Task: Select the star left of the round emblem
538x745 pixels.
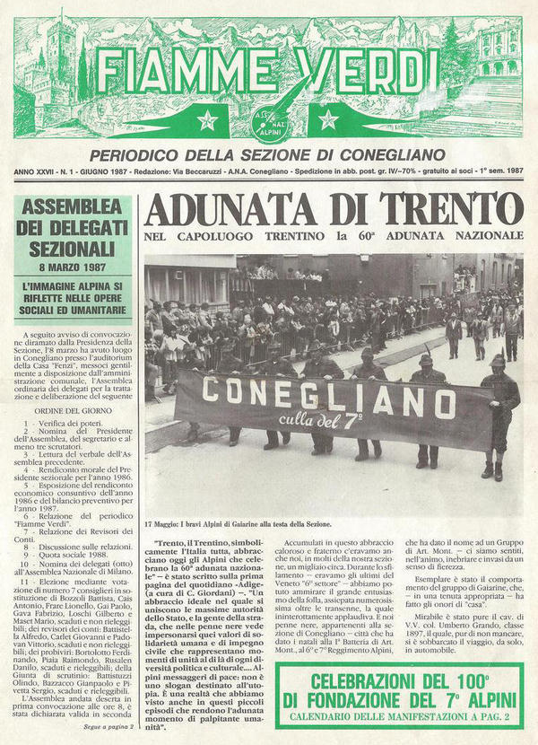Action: click(208, 119)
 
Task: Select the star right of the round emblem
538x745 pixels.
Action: click(327, 119)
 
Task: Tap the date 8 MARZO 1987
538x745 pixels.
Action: click(73, 266)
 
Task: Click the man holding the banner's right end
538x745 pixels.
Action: click(499, 413)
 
